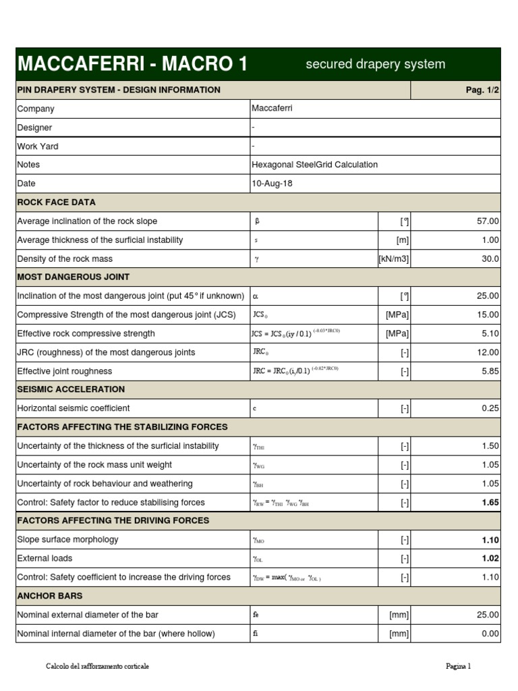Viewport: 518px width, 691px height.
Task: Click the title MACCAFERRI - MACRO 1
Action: (132, 64)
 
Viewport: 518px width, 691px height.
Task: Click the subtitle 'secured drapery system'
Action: (375, 64)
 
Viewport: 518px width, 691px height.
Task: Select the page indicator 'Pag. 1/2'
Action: (480, 90)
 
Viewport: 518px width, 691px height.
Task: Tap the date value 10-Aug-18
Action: (272, 184)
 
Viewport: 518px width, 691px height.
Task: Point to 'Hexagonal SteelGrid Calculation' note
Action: (314, 165)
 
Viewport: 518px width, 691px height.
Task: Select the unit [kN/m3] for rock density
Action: (394, 259)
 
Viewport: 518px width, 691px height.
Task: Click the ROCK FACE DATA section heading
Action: (56, 202)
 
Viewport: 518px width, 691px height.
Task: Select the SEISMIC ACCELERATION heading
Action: (71, 389)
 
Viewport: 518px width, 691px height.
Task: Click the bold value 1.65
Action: (490, 503)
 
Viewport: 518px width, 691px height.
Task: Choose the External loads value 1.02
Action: (490, 559)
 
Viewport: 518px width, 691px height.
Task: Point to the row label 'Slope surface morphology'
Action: (67, 540)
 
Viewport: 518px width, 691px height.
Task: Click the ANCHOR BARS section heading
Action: (50, 596)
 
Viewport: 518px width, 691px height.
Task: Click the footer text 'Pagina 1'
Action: (458, 667)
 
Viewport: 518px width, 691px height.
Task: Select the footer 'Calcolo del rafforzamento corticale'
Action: (97, 667)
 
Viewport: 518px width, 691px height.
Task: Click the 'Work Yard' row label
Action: (38, 146)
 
